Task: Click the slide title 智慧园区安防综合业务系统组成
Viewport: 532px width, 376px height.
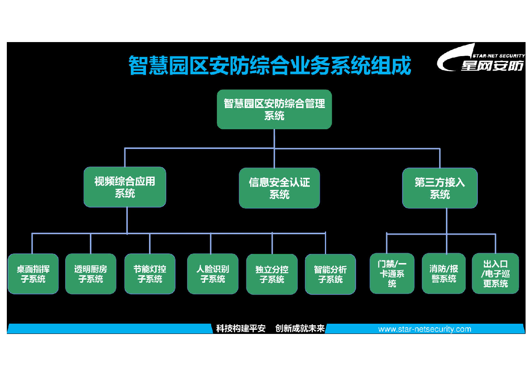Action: coord(270,65)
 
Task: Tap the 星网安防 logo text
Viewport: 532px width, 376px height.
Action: coord(492,66)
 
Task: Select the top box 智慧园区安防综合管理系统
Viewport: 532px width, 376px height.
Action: coord(274,110)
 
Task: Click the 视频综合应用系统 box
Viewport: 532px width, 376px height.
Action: coord(125,187)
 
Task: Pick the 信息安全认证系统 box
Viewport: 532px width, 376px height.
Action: coord(279,188)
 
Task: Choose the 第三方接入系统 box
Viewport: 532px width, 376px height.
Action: coord(440,188)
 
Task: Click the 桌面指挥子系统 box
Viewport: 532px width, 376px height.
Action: coord(33,274)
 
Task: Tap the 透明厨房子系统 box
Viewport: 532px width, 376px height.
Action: coord(91,274)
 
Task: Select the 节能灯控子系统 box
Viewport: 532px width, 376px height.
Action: coord(150,274)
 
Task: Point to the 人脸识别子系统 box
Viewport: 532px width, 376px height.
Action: coord(213,274)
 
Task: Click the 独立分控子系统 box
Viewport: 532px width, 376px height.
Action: coord(272,274)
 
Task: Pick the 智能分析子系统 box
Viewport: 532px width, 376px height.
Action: coord(330,274)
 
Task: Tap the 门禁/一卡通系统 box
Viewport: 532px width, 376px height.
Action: coord(392,273)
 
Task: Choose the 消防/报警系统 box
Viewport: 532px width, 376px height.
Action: coord(444,273)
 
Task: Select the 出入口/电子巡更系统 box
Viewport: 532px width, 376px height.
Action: coord(496,273)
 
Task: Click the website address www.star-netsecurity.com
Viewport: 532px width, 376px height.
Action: coord(425,329)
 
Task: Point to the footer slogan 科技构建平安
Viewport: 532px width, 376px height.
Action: coord(241,329)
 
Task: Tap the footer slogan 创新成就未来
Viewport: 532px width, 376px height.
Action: coord(300,329)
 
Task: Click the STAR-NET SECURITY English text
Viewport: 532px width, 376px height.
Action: coord(499,56)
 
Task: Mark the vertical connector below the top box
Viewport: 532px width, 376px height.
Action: coord(274,149)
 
